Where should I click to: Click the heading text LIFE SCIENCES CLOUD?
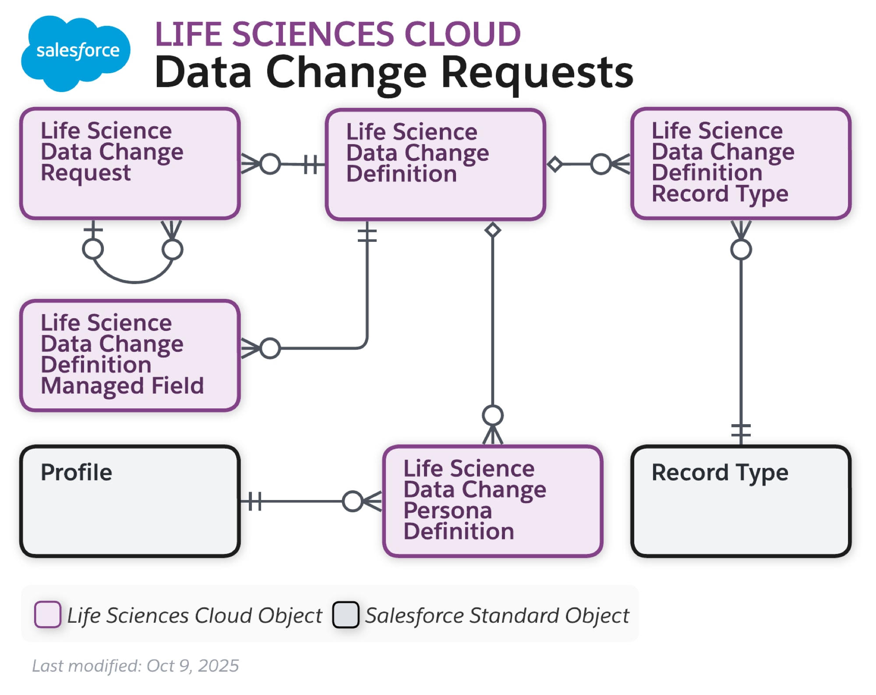click(337, 34)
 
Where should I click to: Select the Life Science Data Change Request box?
click(130, 163)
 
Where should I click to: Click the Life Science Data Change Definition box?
click(435, 164)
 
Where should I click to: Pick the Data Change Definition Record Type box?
click(740, 163)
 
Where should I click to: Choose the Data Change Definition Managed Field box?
click(130, 355)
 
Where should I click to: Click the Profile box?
click(130, 501)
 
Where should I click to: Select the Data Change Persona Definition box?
click(492, 501)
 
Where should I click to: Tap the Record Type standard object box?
click(740, 501)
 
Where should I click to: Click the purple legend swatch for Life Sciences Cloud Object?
click(47, 614)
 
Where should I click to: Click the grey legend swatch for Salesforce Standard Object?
click(346, 614)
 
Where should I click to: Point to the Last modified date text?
click(135, 666)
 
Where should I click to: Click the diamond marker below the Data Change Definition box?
click(492, 230)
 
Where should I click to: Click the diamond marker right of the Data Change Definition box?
click(555, 164)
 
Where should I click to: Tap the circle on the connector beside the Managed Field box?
click(270, 348)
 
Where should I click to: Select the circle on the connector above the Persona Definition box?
click(492, 415)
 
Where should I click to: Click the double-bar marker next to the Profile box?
click(254, 501)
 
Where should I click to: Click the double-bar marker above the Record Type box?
click(741, 430)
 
